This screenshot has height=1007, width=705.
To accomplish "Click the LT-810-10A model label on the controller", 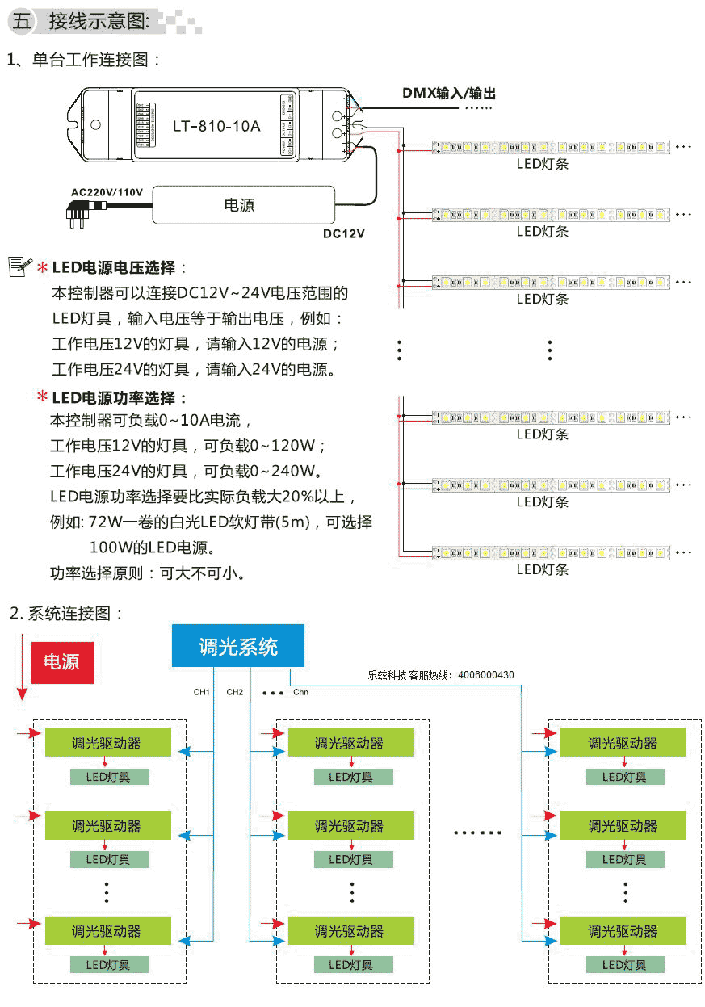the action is click(x=216, y=126).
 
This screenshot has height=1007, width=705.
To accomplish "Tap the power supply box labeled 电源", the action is click(x=244, y=205).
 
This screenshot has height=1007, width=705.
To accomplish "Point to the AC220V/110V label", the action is click(x=107, y=192).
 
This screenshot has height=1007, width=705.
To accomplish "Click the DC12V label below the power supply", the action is click(x=343, y=233).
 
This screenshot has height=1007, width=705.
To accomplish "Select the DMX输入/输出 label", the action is click(x=449, y=93).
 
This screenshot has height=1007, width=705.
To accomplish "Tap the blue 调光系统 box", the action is click(x=238, y=645).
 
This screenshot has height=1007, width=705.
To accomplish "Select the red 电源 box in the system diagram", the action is click(x=62, y=663).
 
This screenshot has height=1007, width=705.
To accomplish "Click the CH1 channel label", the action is click(x=201, y=692).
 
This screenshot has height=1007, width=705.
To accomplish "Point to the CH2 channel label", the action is click(x=235, y=692).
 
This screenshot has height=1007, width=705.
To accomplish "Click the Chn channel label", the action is click(x=300, y=692).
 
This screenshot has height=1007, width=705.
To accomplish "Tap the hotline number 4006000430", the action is click(x=485, y=675).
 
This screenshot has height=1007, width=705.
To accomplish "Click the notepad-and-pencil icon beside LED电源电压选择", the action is click(x=20, y=266).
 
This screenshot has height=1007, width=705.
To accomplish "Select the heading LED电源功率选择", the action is click(x=113, y=398).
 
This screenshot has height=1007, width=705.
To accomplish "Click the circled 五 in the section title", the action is click(x=21, y=21).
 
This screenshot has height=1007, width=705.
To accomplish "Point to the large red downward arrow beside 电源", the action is click(x=22, y=667).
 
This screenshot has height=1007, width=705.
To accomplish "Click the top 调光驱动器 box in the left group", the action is click(x=108, y=743).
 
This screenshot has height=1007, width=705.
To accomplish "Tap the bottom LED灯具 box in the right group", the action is click(x=625, y=964).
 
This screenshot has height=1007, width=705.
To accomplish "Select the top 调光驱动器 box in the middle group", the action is click(x=350, y=743).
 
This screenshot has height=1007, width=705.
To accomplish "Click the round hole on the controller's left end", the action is click(x=96, y=124).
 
